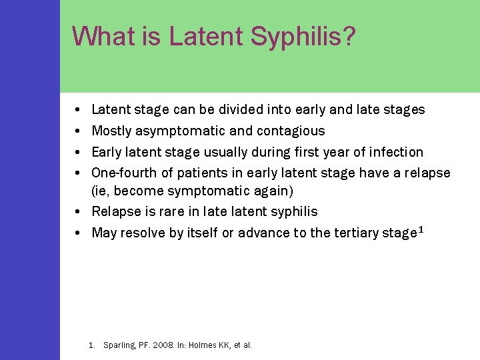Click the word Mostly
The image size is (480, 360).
coord(111,131)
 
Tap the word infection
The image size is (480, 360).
coord(395,152)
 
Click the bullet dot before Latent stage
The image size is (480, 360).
coord(79,109)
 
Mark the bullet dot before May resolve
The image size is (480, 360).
coord(79,233)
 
